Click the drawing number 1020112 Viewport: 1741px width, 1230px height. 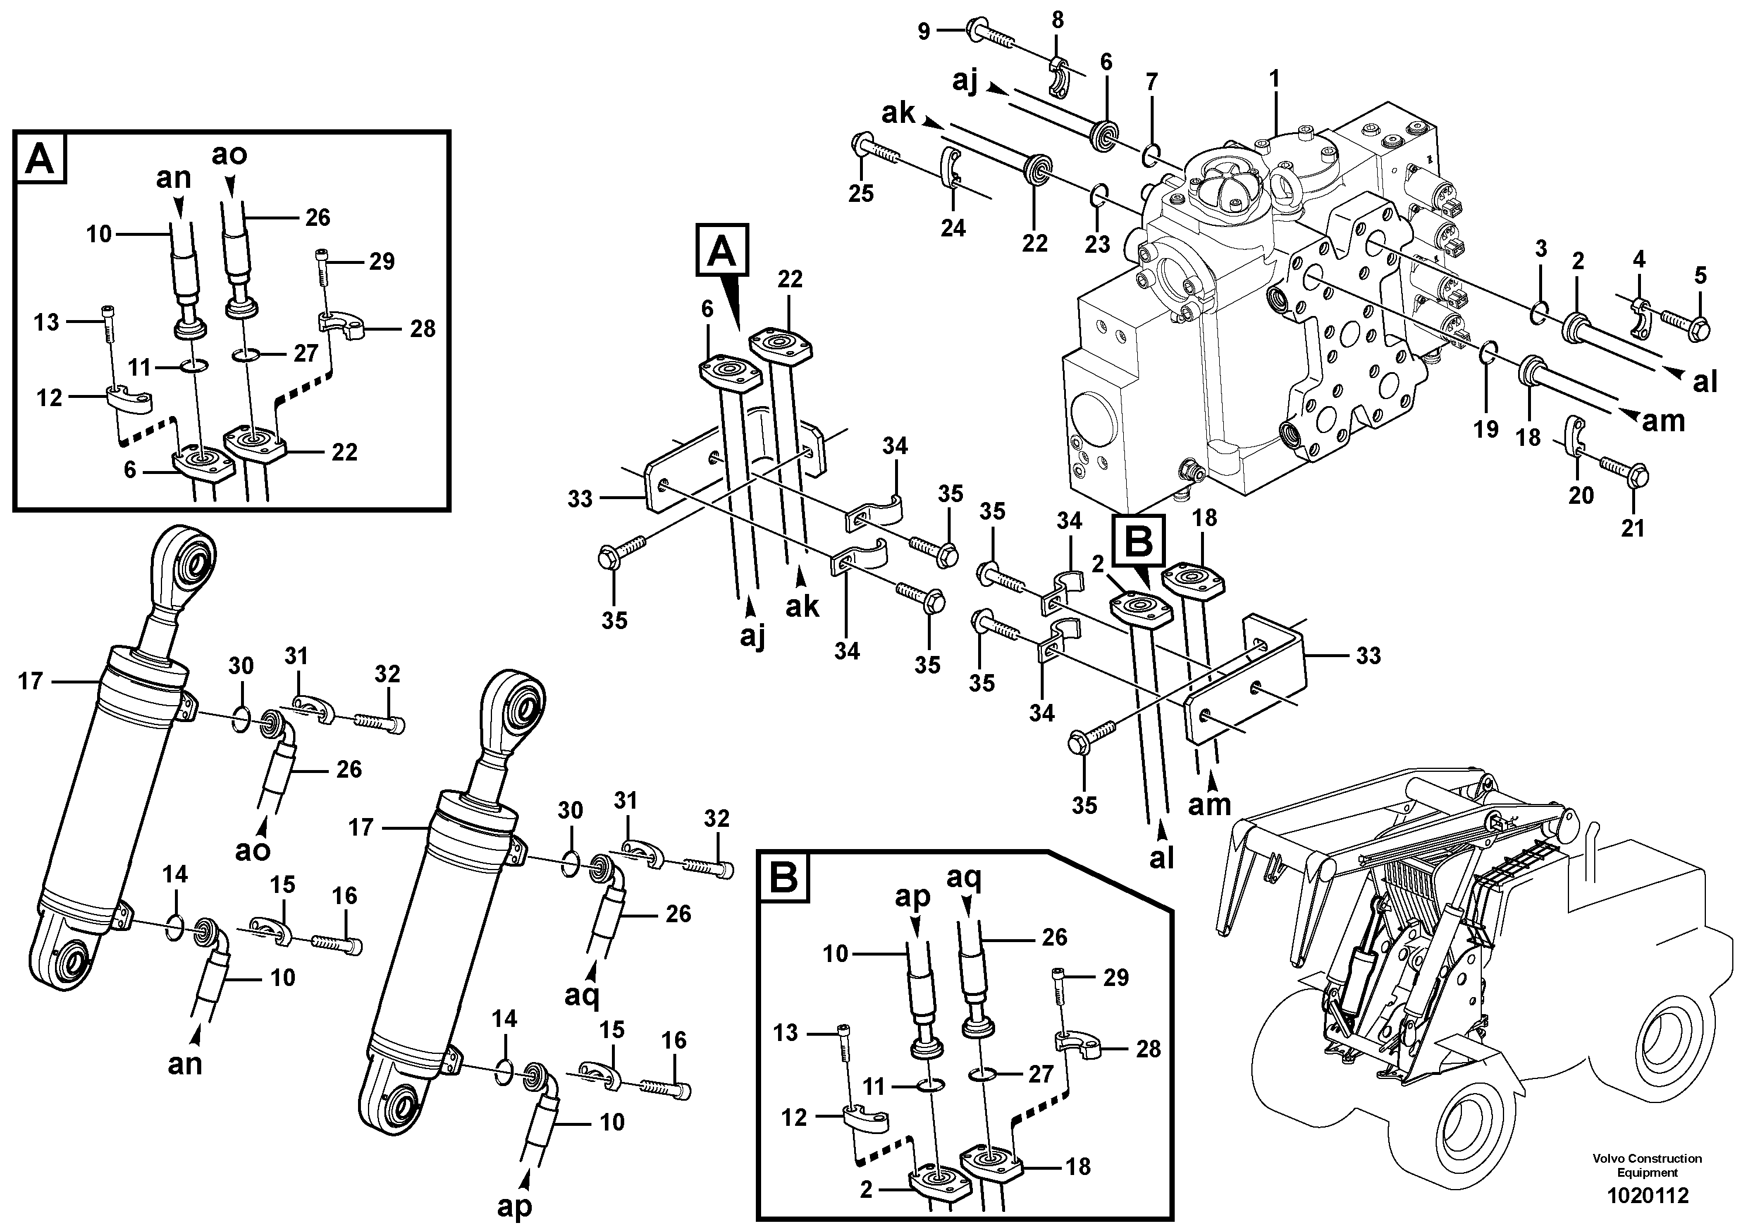pyautogui.click(x=1648, y=1197)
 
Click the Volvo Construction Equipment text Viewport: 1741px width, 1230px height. pyautogui.click(x=1647, y=1165)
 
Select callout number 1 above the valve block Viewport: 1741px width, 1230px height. pyautogui.click(x=1275, y=79)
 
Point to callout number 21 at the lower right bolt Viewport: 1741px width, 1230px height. pyautogui.click(x=1633, y=527)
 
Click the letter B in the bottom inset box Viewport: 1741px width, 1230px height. pyautogui.click(x=783, y=878)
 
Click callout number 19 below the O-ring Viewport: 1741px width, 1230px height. pyautogui.click(x=1486, y=429)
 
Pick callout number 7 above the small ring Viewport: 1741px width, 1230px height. pyautogui.click(x=1152, y=82)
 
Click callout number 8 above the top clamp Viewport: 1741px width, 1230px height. pyautogui.click(x=1057, y=21)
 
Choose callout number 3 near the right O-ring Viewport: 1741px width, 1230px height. pyautogui.click(x=1540, y=248)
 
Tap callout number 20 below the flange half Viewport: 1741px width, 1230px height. pyautogui.click(x=1581, y=495)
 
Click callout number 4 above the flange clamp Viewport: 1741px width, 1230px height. pyautogui.click(x=1639, y=259)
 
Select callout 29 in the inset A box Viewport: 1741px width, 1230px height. pyautogui.click(x=381, y=262)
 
